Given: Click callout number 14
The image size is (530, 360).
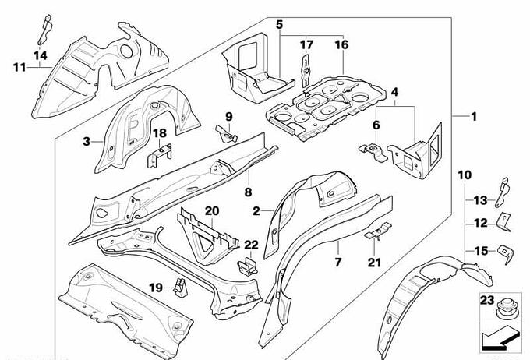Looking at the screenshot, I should (40, 54).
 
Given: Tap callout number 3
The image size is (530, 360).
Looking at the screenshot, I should (87, 141).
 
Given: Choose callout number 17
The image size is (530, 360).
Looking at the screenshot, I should (306, 44).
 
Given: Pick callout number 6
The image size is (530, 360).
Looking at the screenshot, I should (376, 124).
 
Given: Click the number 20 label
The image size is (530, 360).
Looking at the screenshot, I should (212, 210).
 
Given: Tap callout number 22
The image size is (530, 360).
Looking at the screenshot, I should (251, 244).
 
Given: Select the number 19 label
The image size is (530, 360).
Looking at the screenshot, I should (156, 288).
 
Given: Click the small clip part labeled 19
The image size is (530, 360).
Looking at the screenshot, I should (181, 288).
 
